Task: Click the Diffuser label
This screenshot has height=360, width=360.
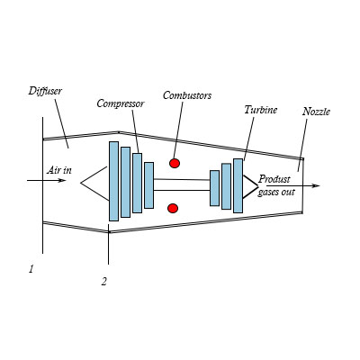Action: point(45,91)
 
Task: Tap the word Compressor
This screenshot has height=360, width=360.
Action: point(121,103)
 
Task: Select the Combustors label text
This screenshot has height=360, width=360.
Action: point(187,95)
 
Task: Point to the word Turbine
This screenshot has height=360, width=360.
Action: point(261,110)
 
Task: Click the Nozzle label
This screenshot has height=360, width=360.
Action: point(316,112)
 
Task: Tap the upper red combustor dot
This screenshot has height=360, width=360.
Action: point(175,163)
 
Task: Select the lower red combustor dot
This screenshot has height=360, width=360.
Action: point(173,208)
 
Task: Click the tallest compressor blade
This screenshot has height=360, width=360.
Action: point(113,181)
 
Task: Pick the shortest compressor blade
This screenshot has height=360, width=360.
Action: point(149,185)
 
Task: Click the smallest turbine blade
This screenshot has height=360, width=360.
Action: point(214,188)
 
